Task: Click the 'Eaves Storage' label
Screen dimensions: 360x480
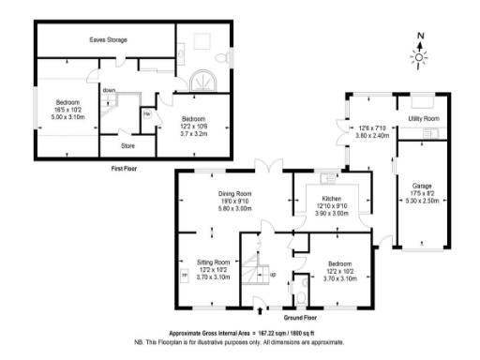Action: pyautogui.click(x=108, y=40)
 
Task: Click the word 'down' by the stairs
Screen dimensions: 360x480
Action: pyautogui.click(x=110, y=90)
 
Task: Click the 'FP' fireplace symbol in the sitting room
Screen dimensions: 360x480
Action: pyautogui.click(x=184, y=275)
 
